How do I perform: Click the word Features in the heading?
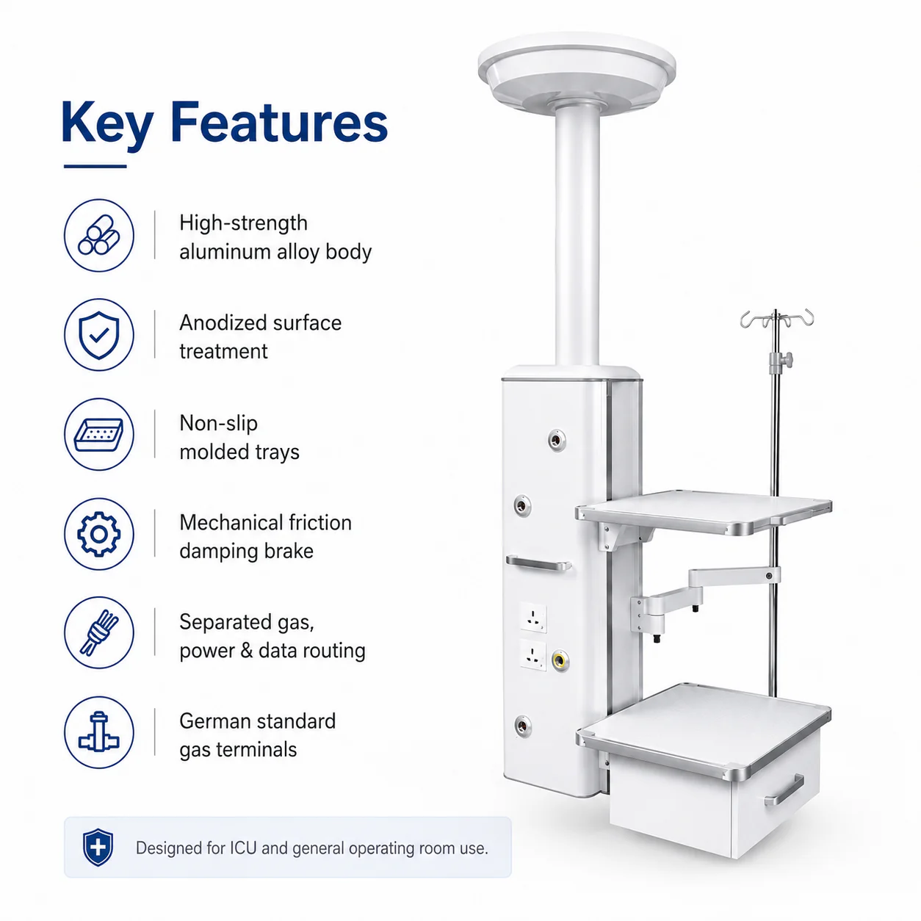278,122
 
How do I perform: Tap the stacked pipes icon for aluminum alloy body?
99,235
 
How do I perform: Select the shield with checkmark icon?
99,335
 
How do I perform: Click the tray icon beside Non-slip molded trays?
99,435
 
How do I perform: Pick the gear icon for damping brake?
99,534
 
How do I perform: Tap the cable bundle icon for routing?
99,632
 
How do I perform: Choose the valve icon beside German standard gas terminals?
99,732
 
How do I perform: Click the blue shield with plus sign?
98,848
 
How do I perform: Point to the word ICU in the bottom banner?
243,848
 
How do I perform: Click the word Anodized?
224,323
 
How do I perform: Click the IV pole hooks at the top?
776,319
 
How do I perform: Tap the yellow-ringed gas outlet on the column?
560,661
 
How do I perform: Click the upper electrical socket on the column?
533,618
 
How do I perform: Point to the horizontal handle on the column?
538,563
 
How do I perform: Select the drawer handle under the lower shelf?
784,790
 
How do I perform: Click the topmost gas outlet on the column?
557,440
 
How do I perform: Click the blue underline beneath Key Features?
95,166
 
